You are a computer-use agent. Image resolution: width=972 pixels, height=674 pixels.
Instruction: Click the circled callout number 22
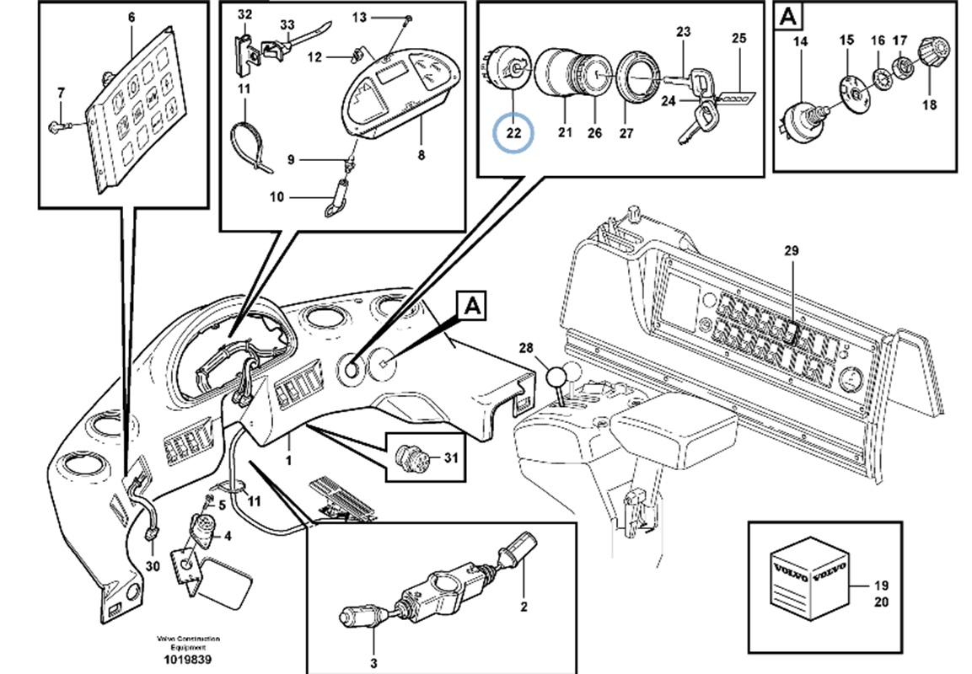click(x=514, y=132)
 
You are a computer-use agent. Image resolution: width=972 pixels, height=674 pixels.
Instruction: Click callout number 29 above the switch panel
click(x=790, y=251)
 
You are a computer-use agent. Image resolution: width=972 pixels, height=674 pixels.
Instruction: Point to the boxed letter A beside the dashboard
click(x=473, y=305)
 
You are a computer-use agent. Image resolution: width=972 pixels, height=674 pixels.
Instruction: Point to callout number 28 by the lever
click(x=528, y=349)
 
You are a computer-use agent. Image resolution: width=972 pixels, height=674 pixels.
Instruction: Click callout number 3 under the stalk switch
click(x=373, y=662)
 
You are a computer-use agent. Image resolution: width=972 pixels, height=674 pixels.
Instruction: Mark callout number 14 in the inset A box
click(x=799, y=41)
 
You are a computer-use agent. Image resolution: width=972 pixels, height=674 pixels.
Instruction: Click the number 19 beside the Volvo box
click(x=881, y=586)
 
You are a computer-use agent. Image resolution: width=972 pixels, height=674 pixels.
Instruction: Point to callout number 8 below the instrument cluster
click(x=421, y=155)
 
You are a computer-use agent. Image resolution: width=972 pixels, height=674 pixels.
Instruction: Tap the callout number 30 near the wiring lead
click(x=152, y=566)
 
